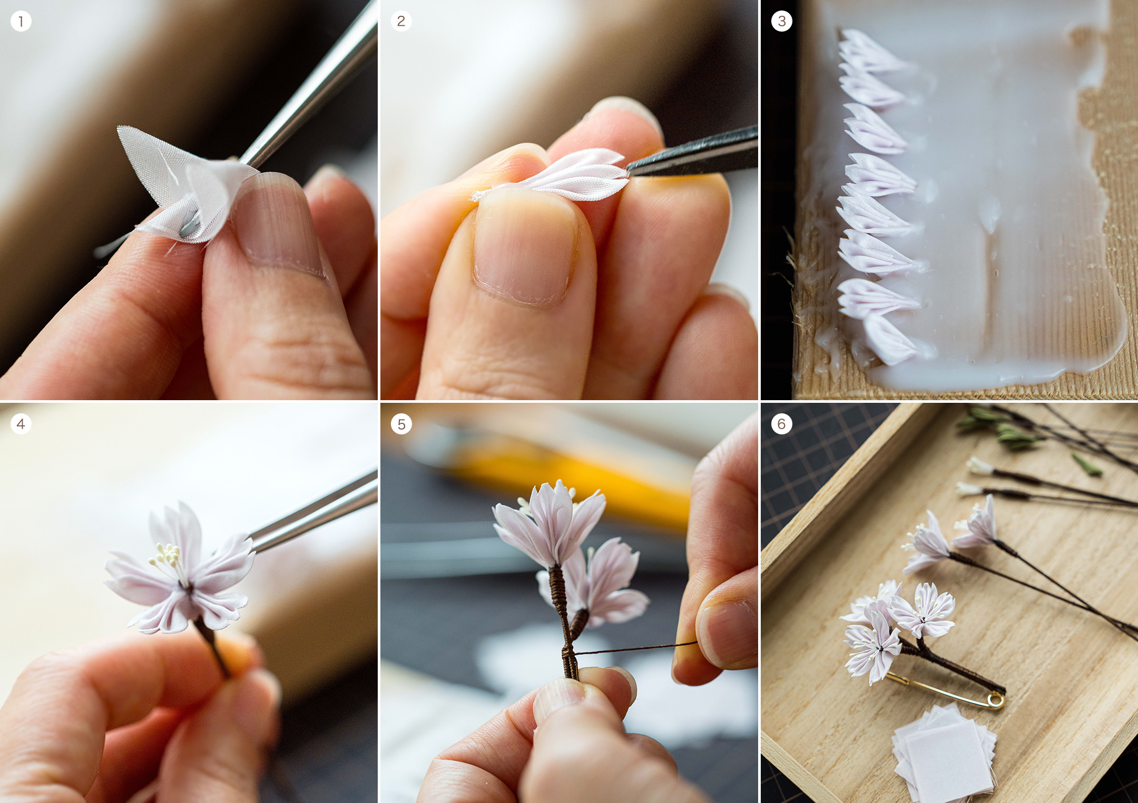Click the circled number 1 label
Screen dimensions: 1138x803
click(x=21, y=22)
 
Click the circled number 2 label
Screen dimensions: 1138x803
click(x=401, y=21)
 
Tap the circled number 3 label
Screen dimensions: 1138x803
click(x=782, y=21)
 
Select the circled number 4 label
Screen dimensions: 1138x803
click(x=21, y=424)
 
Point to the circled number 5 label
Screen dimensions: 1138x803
click(x=401, y=424)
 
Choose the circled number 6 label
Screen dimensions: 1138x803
click(x=782, y=424)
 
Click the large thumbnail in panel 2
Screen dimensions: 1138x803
click(x=524, y=247)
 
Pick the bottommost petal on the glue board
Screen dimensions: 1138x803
click(x=890, y=340)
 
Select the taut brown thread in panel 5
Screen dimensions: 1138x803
click(x=635, y=648)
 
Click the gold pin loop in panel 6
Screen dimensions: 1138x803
click(x=995, y=700)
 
